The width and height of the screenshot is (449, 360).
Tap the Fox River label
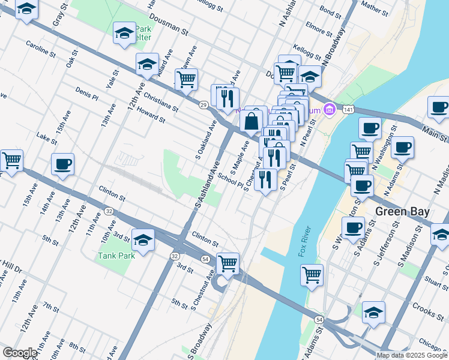pyautogui.click(x=304, y=242)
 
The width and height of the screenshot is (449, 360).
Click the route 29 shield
pyautogui.click(x=204, y=105)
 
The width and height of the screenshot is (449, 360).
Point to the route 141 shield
pyautogui.click(x=348, y=109)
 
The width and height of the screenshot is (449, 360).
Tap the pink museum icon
pyautogui.click(x=329, y=109)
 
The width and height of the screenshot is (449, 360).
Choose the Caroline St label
pyautogui.click(x=41, y=49)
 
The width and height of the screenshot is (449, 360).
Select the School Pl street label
pyautogui.click(x=230, y=180)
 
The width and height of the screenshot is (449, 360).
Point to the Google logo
pyautogui.click(x=20, y=353)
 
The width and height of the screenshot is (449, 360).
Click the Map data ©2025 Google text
pyautogui.click(x=412, y=355)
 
